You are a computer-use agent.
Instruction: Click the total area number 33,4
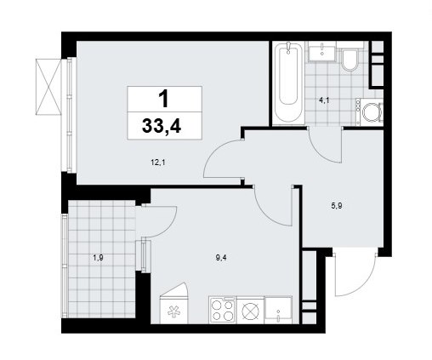pyautogui.click(x=162, y=126)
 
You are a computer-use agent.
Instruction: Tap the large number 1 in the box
pyautogui.click(x=164, y=99)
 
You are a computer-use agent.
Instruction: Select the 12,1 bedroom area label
pyautogui.click(x=158, y=163)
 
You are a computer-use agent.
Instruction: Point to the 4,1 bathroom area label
pyautogui.click(x=324, y=100)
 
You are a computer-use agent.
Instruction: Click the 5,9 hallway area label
pyautogui.click(x=337, y=206)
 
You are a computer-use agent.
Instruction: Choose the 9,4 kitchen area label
pyautogui.click(x=221, y=258)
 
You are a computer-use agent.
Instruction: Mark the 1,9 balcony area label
pyautogui.click(x=98, y=258)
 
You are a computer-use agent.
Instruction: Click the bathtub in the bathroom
pyautogui.click(x=288, y=83)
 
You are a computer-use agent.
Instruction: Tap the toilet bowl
pyautogui.click(x=349, y=60)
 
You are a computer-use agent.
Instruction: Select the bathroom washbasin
pyautogui.click(x=321, y=53)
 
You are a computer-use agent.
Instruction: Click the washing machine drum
pyautogui.click(x=372, y=111)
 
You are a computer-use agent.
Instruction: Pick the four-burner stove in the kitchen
pyautogui.click(x=223, y=310)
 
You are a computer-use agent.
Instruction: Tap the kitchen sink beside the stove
pyautogui.click(x=278, y=310)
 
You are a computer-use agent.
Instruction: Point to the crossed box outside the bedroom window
pyautogui.click(x=48, y=87)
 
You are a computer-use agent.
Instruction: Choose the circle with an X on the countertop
pyautogui.click(x=251, y=310)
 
